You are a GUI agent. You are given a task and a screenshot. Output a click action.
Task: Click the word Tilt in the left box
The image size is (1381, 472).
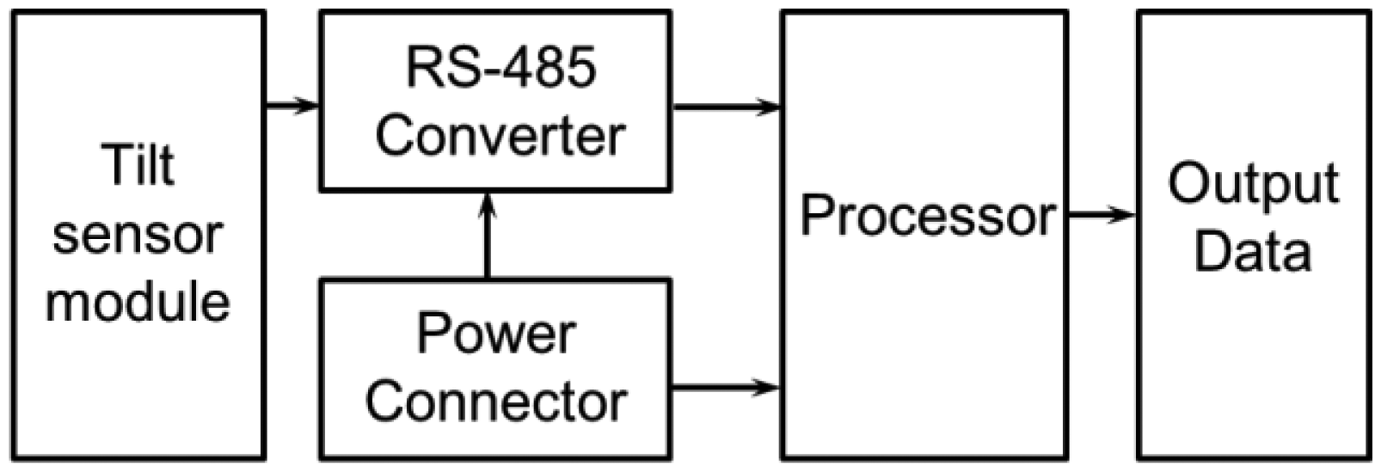point(138,165)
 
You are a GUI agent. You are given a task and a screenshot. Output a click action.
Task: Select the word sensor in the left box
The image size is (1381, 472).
point(138,236)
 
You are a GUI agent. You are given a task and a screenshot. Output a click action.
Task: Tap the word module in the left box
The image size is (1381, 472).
point(138,303)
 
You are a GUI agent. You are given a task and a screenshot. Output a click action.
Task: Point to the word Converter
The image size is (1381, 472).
point(500,136)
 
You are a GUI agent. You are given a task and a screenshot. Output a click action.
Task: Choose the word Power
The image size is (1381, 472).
point(496,334)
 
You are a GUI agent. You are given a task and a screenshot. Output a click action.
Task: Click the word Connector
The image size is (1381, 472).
point(496,402)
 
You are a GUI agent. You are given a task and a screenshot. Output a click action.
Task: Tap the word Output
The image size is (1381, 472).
point(1253,184)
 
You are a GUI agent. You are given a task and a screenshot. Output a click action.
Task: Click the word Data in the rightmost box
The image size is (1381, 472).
point(1253,251)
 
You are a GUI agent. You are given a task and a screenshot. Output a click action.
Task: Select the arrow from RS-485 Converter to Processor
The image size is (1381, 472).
point(726,107)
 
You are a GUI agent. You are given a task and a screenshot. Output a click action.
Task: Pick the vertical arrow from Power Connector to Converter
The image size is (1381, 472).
point(488,236)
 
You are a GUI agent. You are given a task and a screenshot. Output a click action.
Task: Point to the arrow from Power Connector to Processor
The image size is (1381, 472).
point(726,388)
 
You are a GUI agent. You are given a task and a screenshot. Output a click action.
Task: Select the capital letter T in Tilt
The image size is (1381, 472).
point(113,165)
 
